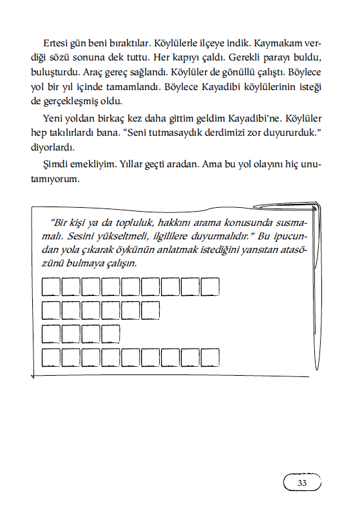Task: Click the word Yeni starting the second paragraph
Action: pyautogui.click(x=53, y=119)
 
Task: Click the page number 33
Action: pyautogui.click(x=302, y=483)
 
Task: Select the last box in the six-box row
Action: pyautogui.click(x=150, y=310)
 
